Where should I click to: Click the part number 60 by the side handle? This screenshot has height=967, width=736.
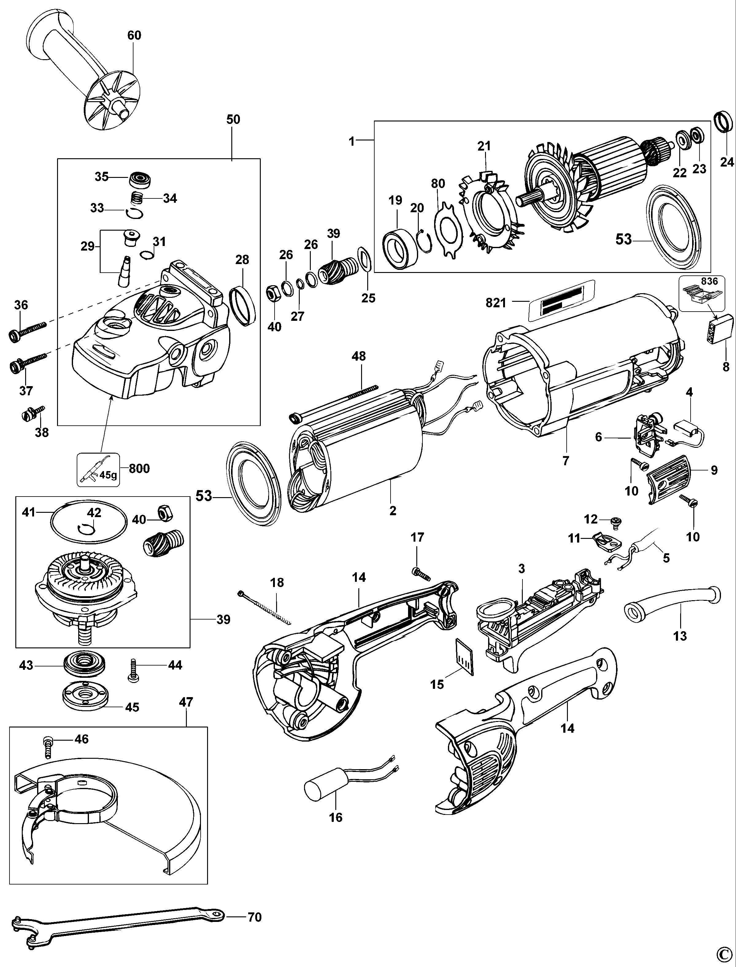click(x=134, y=35)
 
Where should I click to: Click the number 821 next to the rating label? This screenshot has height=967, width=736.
click(x=496, y=303)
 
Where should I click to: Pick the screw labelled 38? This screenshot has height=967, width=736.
click(x=32, y=413)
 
